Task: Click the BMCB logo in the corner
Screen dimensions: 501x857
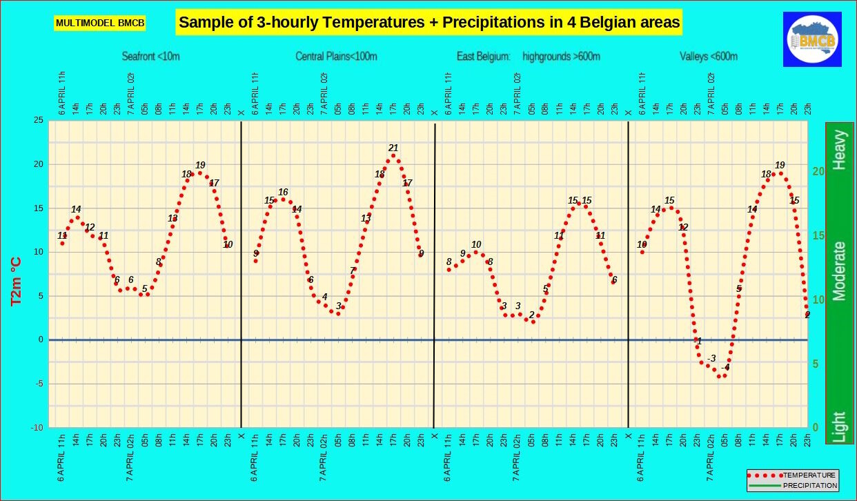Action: [813, 39]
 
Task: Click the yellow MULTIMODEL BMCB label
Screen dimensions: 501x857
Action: [100, 23]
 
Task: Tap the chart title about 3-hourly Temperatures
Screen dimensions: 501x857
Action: [429, 22]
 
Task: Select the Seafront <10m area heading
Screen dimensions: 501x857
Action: [150, 57]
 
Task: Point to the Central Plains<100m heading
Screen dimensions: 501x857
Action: [336, 57]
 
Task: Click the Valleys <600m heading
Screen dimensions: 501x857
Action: [708, 57]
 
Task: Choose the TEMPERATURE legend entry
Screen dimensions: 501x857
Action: [794, 475]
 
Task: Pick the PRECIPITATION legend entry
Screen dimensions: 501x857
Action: [794, 486]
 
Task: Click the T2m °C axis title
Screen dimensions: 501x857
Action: [16, 282]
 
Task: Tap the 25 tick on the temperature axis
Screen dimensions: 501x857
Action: [38, 121]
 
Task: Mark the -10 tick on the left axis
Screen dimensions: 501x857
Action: [37, 428]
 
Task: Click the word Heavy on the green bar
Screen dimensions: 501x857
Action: [839, 150]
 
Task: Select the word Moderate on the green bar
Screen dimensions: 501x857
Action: [839, 271]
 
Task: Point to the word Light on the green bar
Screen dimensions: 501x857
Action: [839, 426]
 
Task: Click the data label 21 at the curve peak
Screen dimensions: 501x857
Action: [393, 148]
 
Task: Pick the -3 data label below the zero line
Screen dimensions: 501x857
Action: [711, 358]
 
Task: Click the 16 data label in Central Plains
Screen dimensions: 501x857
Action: [283, 192]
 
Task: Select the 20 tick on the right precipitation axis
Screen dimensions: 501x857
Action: [818, 171]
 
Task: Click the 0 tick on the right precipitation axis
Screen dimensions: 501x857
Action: [816, 428]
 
